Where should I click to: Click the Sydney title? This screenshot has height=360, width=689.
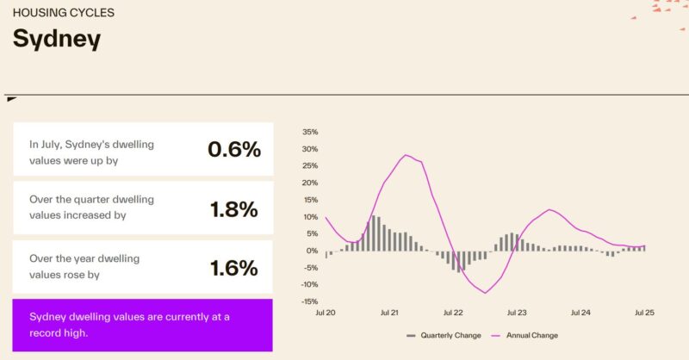click(56, 39)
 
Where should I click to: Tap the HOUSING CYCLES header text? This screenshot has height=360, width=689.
click(64, 13)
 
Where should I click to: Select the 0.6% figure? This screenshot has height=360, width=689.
click(233, 149)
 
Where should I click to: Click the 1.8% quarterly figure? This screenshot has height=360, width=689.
click(234, 208)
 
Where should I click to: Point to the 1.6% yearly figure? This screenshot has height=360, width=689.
click(234, 268)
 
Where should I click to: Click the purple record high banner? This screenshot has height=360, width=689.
click(143, 325)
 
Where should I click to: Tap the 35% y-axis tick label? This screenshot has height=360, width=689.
click(310, 132)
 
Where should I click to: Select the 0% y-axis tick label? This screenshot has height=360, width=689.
click(313, 251)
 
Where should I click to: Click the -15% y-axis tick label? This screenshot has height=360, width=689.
click(308, 301)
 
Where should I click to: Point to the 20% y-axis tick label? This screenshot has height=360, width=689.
click(310, 183)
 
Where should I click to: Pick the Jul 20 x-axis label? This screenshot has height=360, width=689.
click(325, 313)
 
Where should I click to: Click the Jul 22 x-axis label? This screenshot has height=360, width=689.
click(453, 313)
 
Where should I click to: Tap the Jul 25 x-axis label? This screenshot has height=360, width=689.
click(645, 313)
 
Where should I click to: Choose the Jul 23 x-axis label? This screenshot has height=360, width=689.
click(517, 313)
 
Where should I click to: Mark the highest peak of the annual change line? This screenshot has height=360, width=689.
click(405, 155)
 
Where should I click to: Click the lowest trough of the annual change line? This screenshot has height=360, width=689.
click(486, 293)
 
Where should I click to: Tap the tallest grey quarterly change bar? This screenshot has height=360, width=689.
click(373, 233)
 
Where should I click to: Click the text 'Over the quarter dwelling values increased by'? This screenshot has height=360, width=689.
click(91, 208)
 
